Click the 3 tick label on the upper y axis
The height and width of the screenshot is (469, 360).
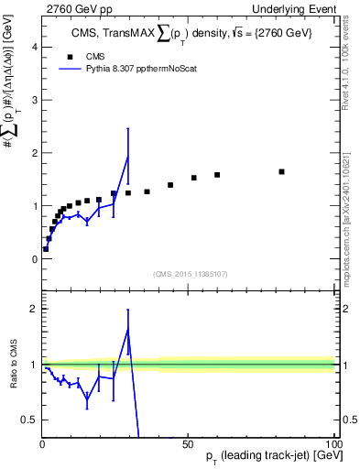34,100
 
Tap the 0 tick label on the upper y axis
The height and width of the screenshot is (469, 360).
34,259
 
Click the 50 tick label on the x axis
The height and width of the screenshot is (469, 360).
186,444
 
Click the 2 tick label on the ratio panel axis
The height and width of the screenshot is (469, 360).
34,309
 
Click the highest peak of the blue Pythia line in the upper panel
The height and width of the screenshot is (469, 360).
127,158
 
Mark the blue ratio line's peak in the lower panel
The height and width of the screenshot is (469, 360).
127,330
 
